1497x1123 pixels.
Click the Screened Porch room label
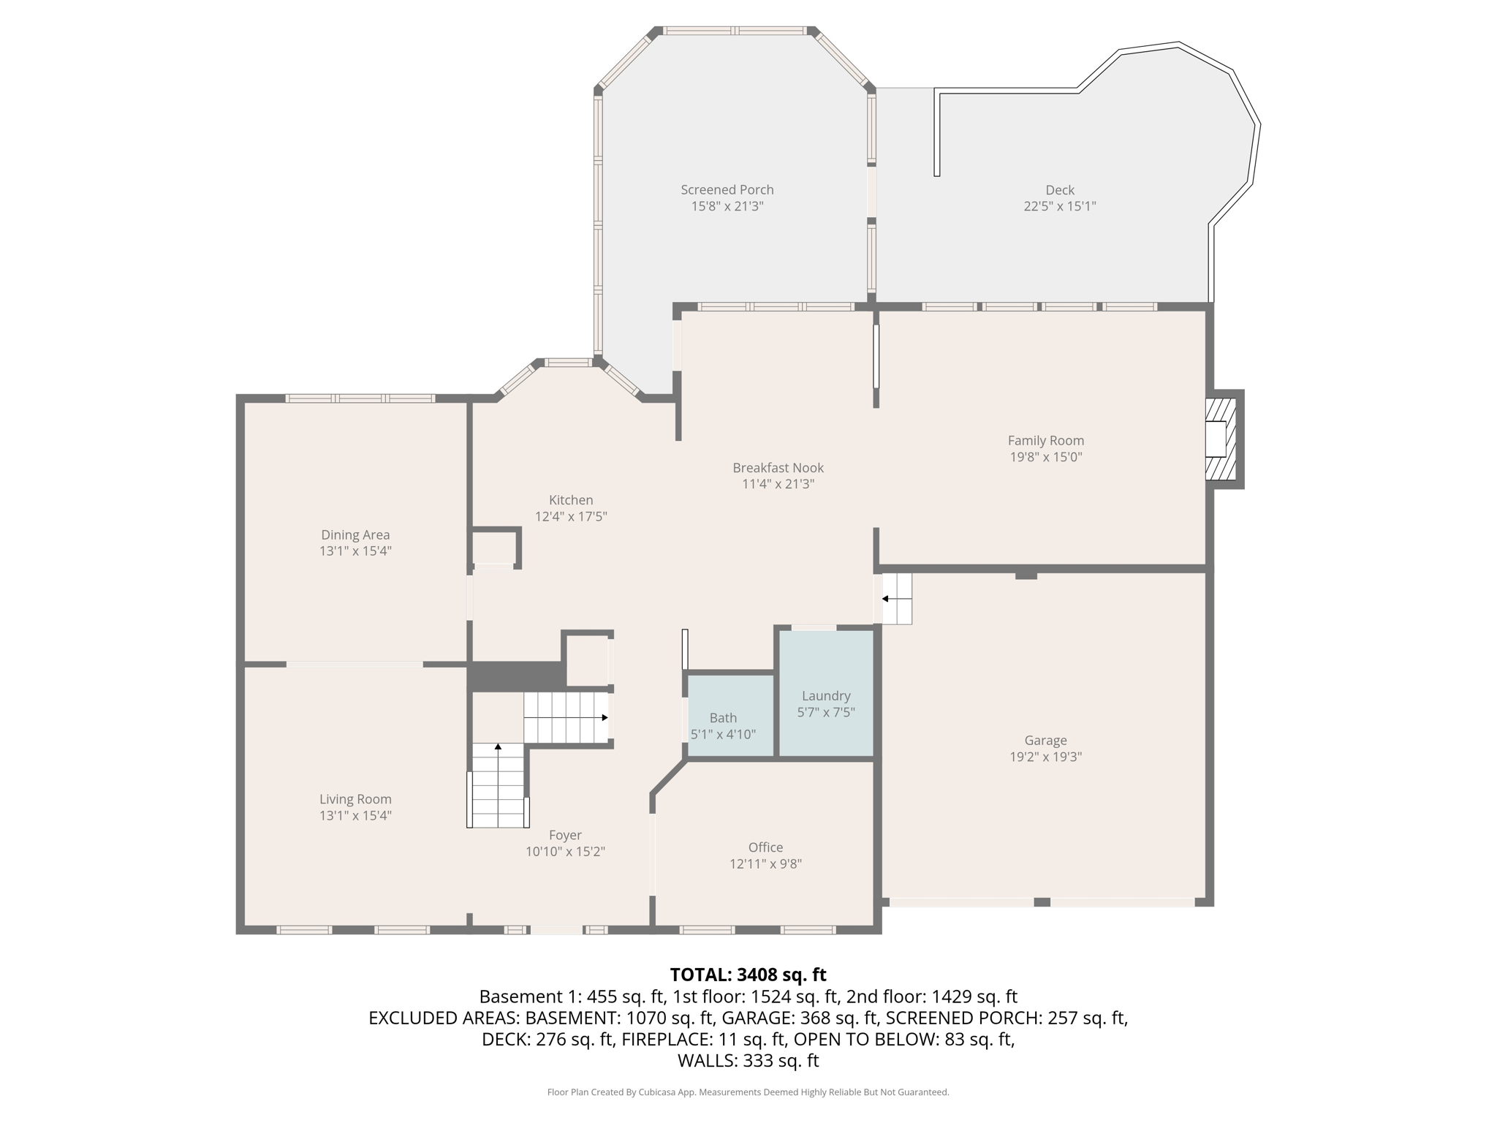tap(727, 190)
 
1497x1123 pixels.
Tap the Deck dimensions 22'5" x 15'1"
tap(1059, 206)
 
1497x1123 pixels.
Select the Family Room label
tap(1045, 441)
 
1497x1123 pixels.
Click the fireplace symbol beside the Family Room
tap(1220, 439)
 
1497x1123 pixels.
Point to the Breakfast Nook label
tap(778, 468)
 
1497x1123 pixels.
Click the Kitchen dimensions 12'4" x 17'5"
tap(571, 517)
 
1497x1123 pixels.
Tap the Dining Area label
tap(355, 535)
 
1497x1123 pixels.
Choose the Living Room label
tap(355, 800)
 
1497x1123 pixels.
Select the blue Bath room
tap(730, 716)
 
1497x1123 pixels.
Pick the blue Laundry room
tap(826, 693)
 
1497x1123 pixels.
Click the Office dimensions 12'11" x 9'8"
tap(765, 864)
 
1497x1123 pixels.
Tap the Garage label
tap(1045, 741)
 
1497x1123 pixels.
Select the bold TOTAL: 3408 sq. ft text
tap(748, 975)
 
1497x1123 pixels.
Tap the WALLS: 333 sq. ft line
tap(748, 1061)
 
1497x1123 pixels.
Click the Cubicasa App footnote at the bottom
tap(748, 1092)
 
